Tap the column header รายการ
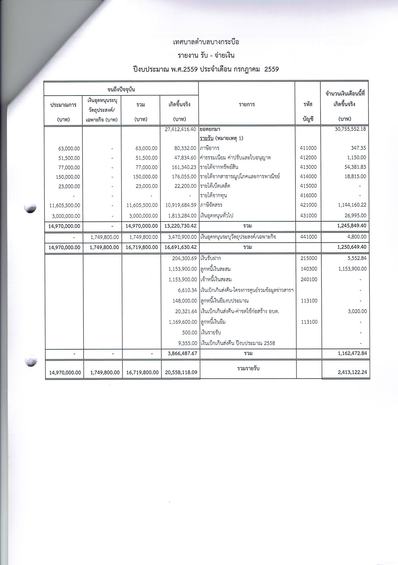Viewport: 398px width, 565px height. click(x=247, y=105)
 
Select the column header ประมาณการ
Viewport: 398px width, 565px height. click(x=63, y=105)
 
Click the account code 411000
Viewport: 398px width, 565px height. click(x=308, y=148)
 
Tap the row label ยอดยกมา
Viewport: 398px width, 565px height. click(x=210, y=129)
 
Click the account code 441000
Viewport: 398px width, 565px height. click(x=308, y=237)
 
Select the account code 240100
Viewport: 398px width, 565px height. click(x=309, y=279)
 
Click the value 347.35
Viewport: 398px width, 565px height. click(x=359, y=148)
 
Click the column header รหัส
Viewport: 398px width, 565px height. click(x=308, y=105)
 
